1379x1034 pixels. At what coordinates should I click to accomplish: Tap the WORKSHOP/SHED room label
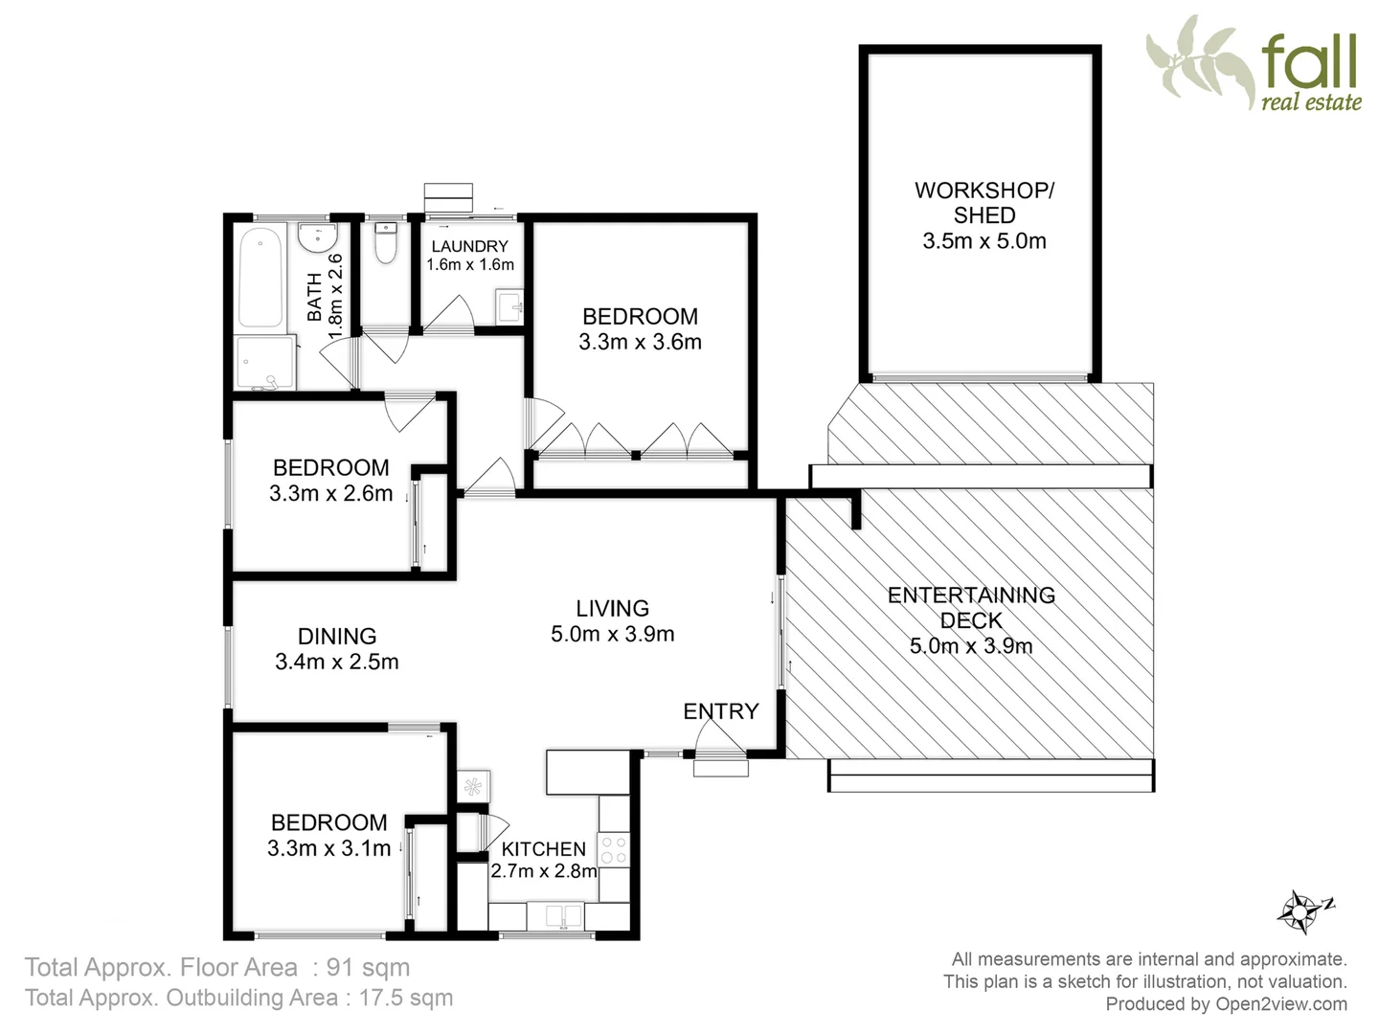point(984,202)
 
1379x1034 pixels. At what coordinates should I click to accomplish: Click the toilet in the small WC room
point(385,243)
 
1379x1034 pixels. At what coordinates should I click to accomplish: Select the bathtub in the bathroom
point(260,277)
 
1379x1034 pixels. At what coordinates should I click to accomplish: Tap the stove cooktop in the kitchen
point(613,849)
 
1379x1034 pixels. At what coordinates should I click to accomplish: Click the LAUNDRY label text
point(469,247)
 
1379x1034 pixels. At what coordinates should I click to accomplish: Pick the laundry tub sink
point(509,307)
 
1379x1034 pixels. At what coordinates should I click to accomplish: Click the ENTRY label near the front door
point(720,711)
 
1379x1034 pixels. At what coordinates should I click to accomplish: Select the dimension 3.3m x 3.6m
point(640,342)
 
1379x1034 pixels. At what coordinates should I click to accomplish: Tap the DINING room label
point(336,636)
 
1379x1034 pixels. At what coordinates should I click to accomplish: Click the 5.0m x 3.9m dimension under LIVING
point(612,634)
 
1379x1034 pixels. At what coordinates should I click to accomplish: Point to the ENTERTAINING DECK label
point(971,607)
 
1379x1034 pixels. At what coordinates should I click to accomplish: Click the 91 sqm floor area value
point(368,968)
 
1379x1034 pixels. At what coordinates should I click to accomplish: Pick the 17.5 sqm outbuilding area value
point(405,998)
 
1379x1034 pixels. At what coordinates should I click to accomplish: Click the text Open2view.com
point(1281,1004)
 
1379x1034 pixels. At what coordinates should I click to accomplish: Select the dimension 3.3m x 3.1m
point(328,848)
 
